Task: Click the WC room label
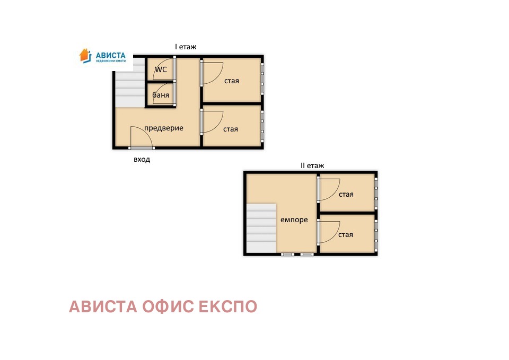tap(161, 69)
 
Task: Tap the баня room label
tap(161, 95)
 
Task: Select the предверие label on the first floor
tap(163, 128)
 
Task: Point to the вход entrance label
tap(142, 159)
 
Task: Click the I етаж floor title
tap(186, 47)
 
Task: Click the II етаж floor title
tap(312, 165)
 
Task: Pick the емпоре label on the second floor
tap(294, 219)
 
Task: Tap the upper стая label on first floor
tap(231, 81)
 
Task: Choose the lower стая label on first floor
tap(231, 129)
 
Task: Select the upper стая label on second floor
tap(346, 194)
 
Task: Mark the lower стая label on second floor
tap(346, 234)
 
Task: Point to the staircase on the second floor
tap(261, 228)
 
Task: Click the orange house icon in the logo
tap(85, 55)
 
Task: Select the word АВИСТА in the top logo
tap(110, 54)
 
